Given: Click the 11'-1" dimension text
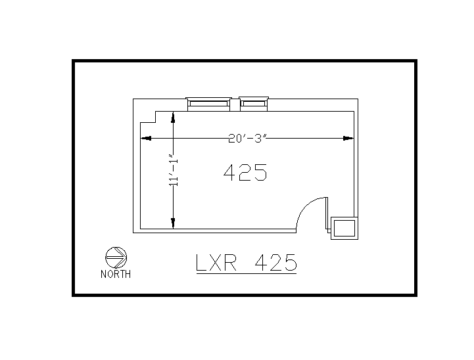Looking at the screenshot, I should pyautogui.click(x=174, y=172).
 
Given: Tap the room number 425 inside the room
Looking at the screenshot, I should pyautogui.click(x=245, y=173).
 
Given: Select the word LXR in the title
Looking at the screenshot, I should pyautogui.click(x=218, y=263).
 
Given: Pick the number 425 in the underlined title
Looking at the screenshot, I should pyautogui.click(x=275, y=263).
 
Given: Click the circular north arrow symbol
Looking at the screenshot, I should pyautogui.click(x=116, y=257).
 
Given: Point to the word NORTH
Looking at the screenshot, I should pyautogui.click(x=116, y=275).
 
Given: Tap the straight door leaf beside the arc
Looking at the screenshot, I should pyautogui.click(x=326, y=214).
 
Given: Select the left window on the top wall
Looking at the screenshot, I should pyautogui.click(x=208, y=102).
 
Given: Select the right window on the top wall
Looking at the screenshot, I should pyautogui.click(x=254, y=102).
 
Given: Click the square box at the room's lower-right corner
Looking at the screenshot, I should pyautogui.click(x=344, y=228).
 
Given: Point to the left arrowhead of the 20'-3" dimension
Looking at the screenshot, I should pyautogui.click(x=147, y=138).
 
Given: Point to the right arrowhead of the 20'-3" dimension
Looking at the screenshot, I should pyautogui.click(x=349, y=138).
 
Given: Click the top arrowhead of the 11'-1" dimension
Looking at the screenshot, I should pyautogui.click(x=173, y=118).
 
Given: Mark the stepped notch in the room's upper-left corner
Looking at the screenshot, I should pyautogui.click(x=149, y=117).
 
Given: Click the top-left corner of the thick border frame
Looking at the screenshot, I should pyautogui.click(x=74, y=62).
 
